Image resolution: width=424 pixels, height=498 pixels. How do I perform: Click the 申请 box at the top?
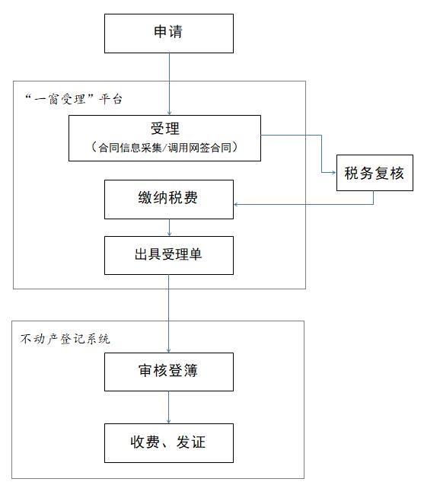[169, 34]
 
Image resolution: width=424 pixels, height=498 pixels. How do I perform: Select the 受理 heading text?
[165, 129]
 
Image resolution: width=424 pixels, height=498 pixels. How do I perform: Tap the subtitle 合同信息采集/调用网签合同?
[164, 148]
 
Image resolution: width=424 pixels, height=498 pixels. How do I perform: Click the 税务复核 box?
[375, 173]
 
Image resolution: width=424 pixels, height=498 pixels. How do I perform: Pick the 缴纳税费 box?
[169, 200]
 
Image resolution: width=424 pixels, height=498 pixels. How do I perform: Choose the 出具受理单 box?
[169, 255]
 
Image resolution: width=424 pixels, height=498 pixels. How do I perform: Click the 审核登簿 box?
[169, 372]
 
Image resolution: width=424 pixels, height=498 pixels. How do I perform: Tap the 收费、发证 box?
[169, 442]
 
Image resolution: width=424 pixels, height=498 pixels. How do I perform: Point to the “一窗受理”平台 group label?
[74, 99]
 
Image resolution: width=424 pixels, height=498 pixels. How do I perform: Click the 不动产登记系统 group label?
[65, 339]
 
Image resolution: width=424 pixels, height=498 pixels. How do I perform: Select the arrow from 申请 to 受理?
[169, 84]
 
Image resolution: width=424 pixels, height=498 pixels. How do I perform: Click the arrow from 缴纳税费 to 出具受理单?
[169, 228]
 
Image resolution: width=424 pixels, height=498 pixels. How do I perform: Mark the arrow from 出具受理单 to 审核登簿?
[169, 314]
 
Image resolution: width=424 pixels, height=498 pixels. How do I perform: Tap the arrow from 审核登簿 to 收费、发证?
[169, 407]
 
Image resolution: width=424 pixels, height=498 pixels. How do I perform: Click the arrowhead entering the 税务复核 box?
[334, 172]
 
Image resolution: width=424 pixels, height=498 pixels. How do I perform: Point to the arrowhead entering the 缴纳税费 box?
[236, 205]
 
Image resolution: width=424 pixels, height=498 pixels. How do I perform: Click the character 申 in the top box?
[161, 31]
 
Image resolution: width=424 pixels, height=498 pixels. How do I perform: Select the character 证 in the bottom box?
[199, 442]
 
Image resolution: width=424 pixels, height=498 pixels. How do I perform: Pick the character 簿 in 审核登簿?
[190, 371]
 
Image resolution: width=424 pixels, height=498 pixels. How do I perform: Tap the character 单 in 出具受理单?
[195, 254]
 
